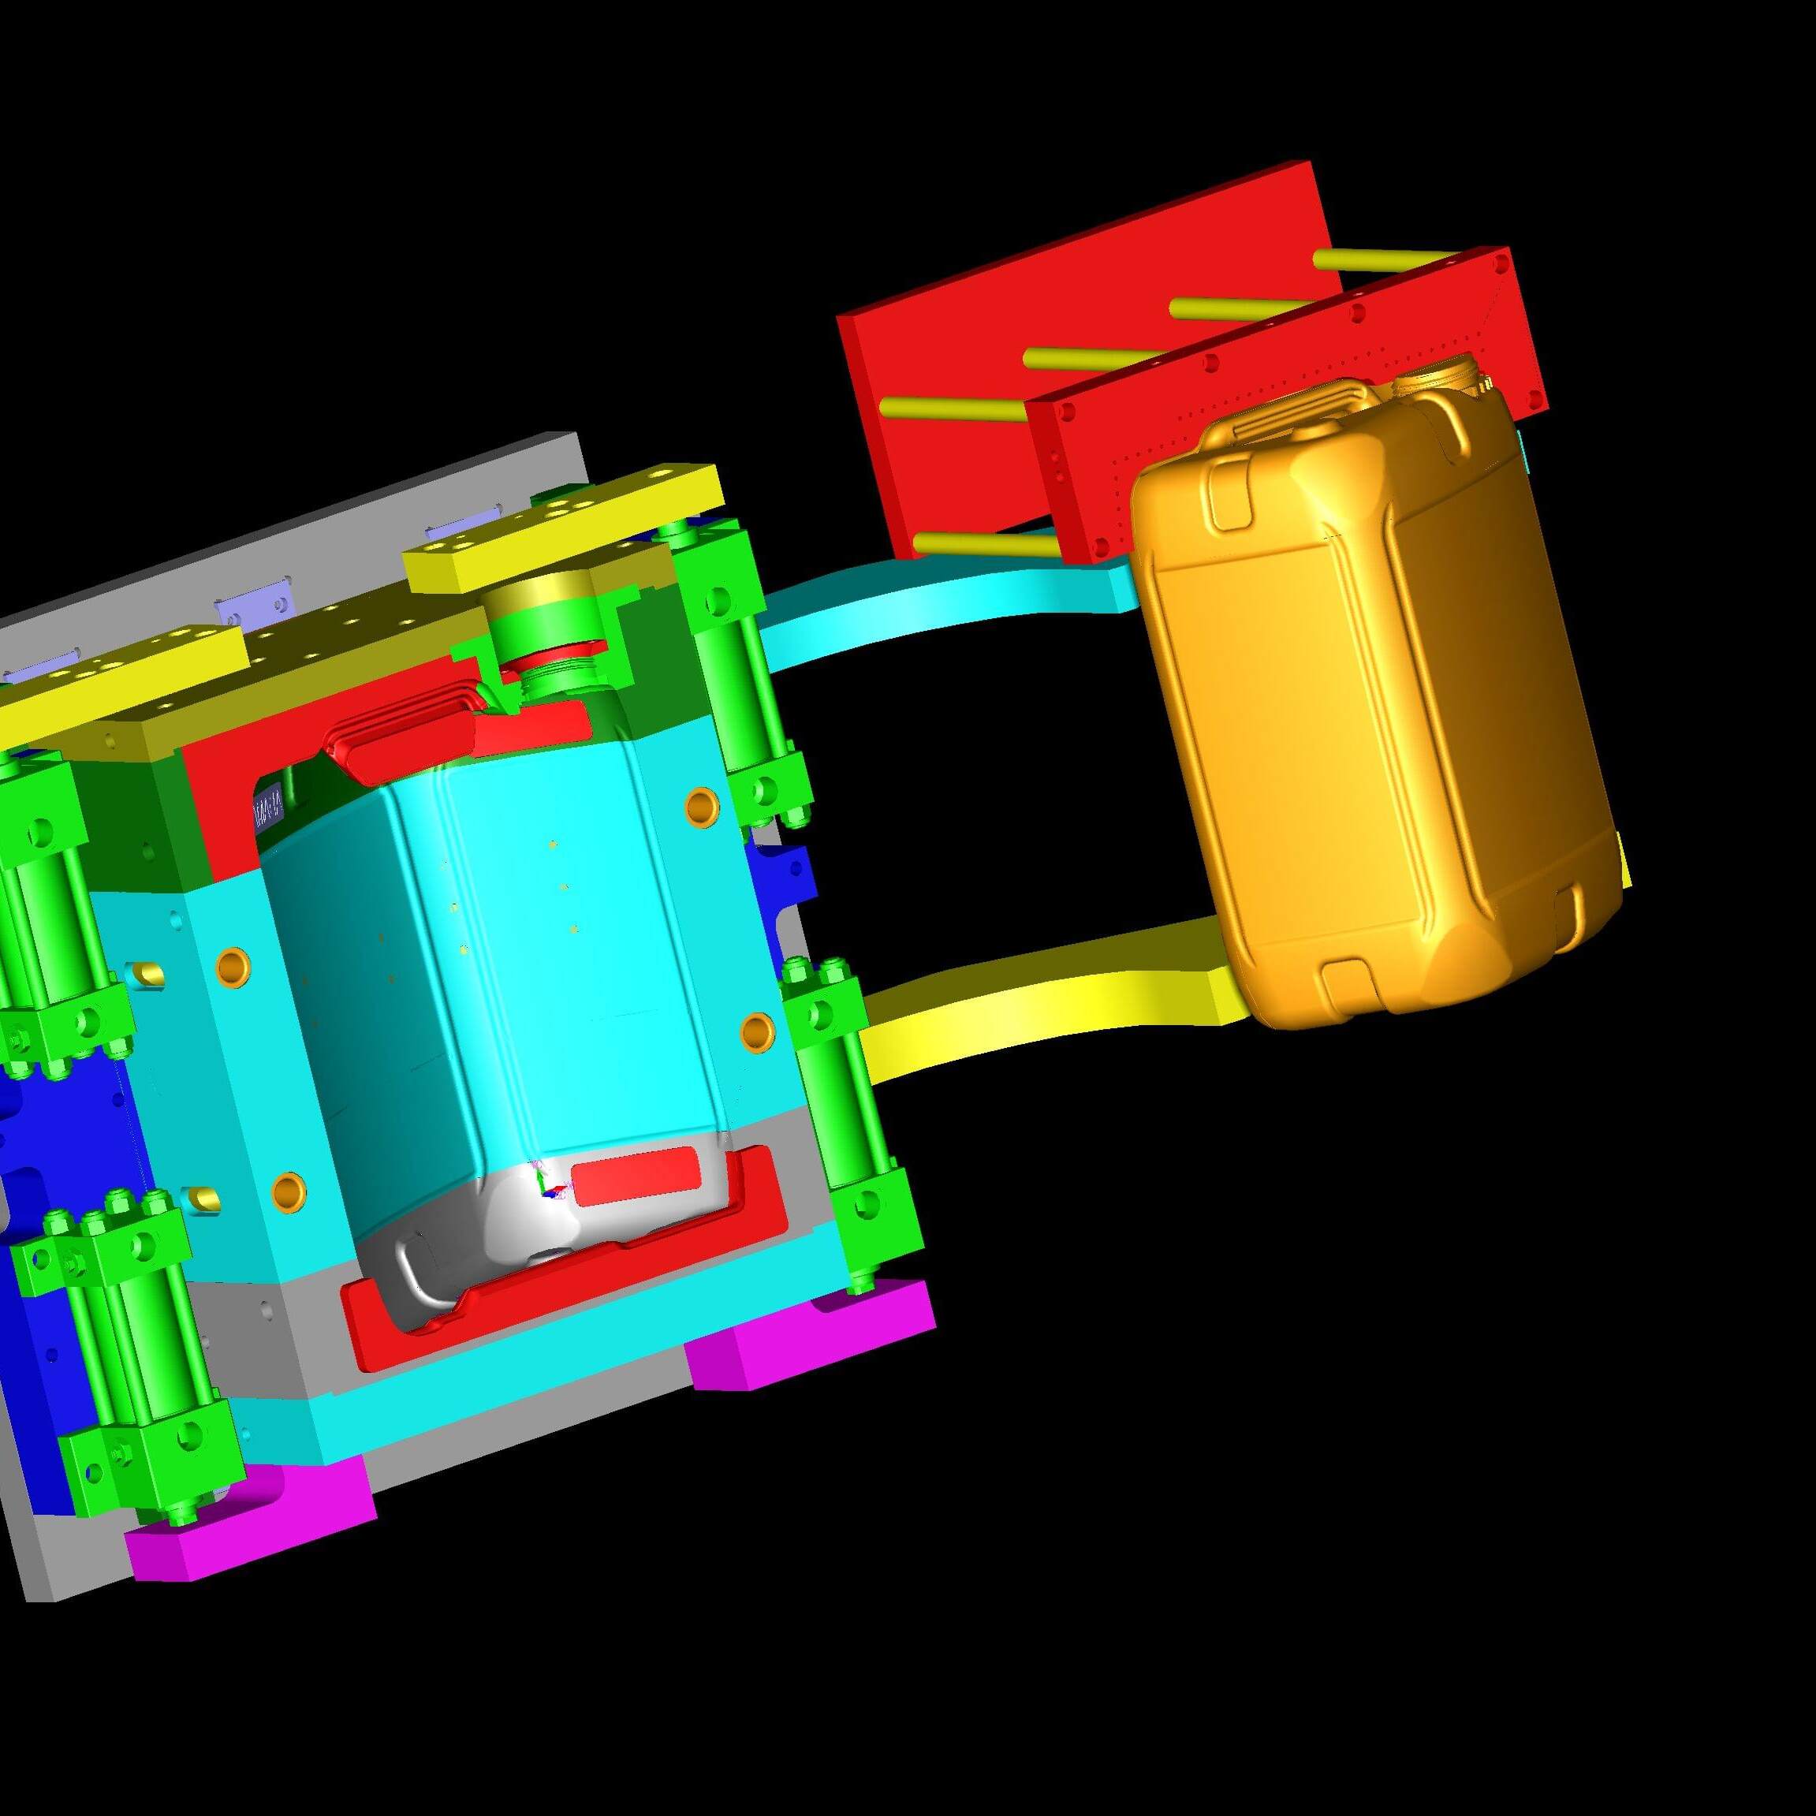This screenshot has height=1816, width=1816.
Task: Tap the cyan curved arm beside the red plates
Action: pos(940,602)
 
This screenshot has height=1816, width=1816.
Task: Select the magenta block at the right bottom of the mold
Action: pos(808,1335)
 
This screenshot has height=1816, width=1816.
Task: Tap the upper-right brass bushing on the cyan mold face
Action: pos(701,806)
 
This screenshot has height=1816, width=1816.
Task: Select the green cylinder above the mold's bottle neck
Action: pos(540,625)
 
